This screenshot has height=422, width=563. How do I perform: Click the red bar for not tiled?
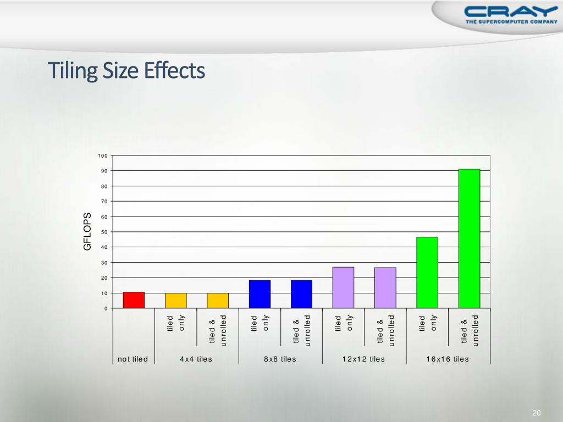134,300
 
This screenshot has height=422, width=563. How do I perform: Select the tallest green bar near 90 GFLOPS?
469,238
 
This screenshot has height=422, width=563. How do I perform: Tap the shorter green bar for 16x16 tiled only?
427,273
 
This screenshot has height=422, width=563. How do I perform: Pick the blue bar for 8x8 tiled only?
260,294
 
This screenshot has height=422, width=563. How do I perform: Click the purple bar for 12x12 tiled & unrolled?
385,287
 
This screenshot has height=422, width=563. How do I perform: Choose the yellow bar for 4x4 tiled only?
175,301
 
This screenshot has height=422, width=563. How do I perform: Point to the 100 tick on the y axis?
103,156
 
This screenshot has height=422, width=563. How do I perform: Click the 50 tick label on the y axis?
104,232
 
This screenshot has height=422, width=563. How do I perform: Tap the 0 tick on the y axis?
106,308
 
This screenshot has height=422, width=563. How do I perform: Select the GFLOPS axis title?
87,232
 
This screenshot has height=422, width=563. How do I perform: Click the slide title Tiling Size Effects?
126,71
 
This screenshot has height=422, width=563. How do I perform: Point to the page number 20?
537,413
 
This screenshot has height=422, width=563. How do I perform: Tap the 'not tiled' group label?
133,359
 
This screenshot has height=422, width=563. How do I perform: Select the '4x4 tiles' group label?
196,359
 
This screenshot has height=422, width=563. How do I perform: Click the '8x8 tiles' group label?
280,359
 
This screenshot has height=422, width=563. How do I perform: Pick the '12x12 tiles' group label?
363,359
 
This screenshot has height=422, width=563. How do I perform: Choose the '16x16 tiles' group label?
448,359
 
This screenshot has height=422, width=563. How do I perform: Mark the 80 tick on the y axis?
104,186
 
